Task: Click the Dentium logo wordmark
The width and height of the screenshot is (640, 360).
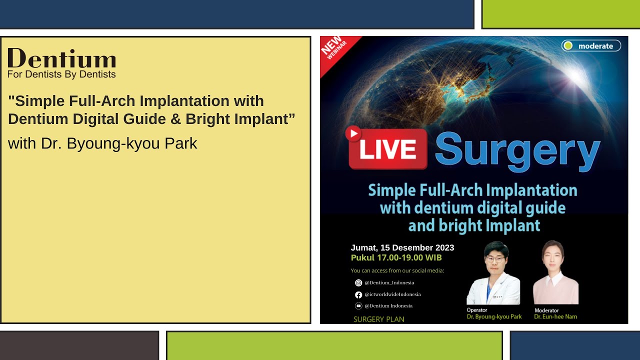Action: coord(61,59)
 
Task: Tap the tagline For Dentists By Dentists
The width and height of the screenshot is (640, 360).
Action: coord(61,74)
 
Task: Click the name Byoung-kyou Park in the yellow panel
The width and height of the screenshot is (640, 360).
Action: coord(132,143)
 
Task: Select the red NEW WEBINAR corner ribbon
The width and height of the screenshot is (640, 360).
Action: coord(334,50)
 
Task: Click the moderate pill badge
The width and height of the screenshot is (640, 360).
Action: coord(591,46)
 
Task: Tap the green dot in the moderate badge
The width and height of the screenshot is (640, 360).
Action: coord(568,46)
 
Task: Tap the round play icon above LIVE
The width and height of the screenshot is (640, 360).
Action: coord(353,133)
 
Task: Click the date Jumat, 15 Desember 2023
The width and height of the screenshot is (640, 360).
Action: coord(402,247)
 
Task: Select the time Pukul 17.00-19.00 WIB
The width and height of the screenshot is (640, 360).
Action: coord(396,258)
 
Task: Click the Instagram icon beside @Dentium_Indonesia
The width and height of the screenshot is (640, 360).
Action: coord(358,283)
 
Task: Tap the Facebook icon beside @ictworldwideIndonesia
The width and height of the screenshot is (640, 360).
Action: coord(358,294)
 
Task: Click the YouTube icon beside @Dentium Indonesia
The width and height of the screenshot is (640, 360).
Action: coord(358,306)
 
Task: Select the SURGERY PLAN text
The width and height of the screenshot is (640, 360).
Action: coord(378,319)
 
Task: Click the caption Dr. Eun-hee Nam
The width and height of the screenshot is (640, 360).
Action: coord(555,316)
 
